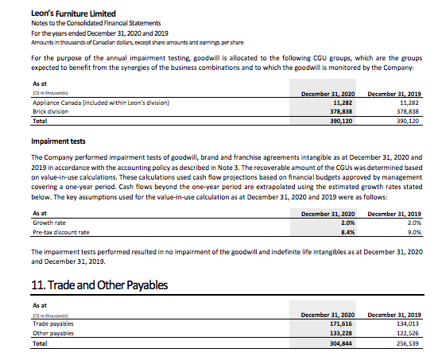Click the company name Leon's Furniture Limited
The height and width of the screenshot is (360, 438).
tap(62, 14)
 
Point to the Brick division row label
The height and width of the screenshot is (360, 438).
tap(50, 112)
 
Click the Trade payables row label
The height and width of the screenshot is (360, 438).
tap(53, 323)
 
